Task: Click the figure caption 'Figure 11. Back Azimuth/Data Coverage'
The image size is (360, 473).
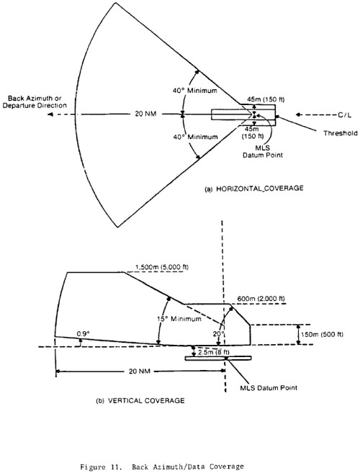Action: [x=162, y=467]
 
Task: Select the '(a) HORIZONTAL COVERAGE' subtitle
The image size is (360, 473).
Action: [x=254, y=189]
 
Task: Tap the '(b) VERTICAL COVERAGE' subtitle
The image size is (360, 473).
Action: [x=140, y=400]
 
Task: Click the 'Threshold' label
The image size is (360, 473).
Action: [x=341, y=133]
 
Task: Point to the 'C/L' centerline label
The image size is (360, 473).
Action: [x=345, y=115]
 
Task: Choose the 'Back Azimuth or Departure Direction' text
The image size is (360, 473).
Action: [x=35, y=102]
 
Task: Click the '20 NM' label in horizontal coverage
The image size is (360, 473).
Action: [x=145, y=114]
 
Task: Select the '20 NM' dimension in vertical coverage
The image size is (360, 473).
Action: [x=140, y=371]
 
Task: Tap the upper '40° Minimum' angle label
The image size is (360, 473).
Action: [x=195, y=91]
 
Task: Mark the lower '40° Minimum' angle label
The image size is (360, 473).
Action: [x=195, y=137]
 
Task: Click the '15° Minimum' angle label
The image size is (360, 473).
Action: [x=179, y=319]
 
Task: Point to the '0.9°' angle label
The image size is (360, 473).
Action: [x=84, y=333]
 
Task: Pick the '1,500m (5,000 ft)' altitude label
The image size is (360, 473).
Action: [x=162, y=267]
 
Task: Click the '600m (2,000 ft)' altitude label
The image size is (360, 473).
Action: [x=261, y=299]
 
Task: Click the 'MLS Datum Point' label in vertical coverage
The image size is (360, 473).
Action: [x=269, y=387]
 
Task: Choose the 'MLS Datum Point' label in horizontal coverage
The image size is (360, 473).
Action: [x=263, y=152]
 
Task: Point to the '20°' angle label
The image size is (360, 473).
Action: [x=219, y=334]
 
